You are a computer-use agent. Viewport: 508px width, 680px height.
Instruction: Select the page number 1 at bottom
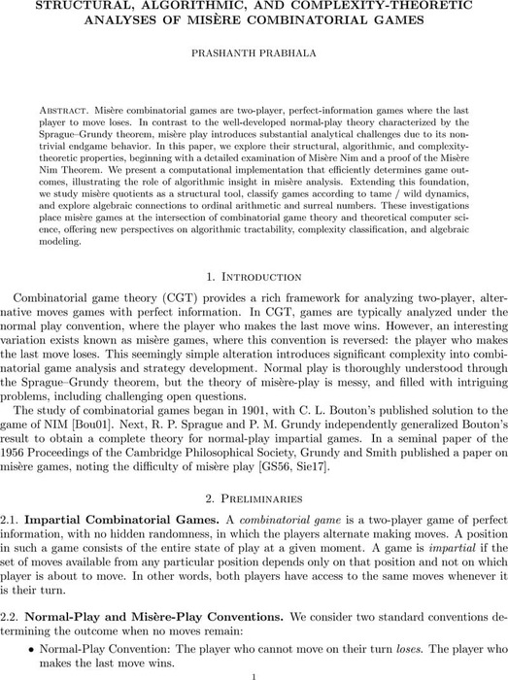pyautogui.click(x=254, y=677)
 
